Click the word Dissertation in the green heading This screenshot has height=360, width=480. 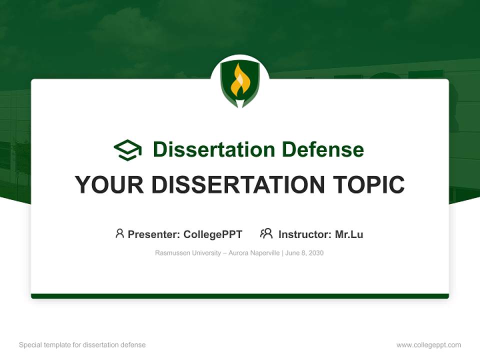coord(213,149)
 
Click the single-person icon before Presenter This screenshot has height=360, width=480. coord(119,233)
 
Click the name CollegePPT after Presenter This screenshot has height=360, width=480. coord(213,234)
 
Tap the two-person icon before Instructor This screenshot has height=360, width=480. coord(266,233)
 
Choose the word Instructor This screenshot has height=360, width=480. coord(304,234)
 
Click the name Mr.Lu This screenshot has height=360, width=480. coord(349,234)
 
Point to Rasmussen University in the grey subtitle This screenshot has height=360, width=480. coord(187,253)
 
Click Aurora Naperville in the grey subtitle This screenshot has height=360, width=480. coord(254,253)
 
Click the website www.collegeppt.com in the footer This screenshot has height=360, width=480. coord(428,345)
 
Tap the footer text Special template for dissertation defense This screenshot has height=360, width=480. coord(82,345)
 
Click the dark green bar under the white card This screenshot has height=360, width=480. coord(240,296)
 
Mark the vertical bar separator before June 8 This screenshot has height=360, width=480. coord(283,253)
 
